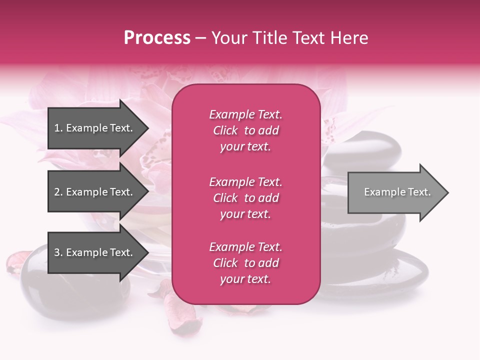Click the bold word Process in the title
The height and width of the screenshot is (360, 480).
pyautogui.click(x=157, y=38)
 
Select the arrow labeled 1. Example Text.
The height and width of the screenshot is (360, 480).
pyautogui.click(x=95, y=128)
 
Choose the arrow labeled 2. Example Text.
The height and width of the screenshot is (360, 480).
pyautogui.click(x=95, y=192)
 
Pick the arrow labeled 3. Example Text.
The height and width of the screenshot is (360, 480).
pyautogui.click(x=95, y=252)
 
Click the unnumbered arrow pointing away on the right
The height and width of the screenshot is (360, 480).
pyautogui.click(x=395, y=192)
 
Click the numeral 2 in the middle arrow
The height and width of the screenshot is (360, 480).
pyautogui.click(x=57, y=192)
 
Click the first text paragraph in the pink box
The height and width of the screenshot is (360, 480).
pyautogui.click(x=245, y=130)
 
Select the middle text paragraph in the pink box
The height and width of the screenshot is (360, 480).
pyautogui.click(x=245, y=198)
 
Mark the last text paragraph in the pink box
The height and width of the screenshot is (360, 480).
pyautogui.click(x=245, y=263)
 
